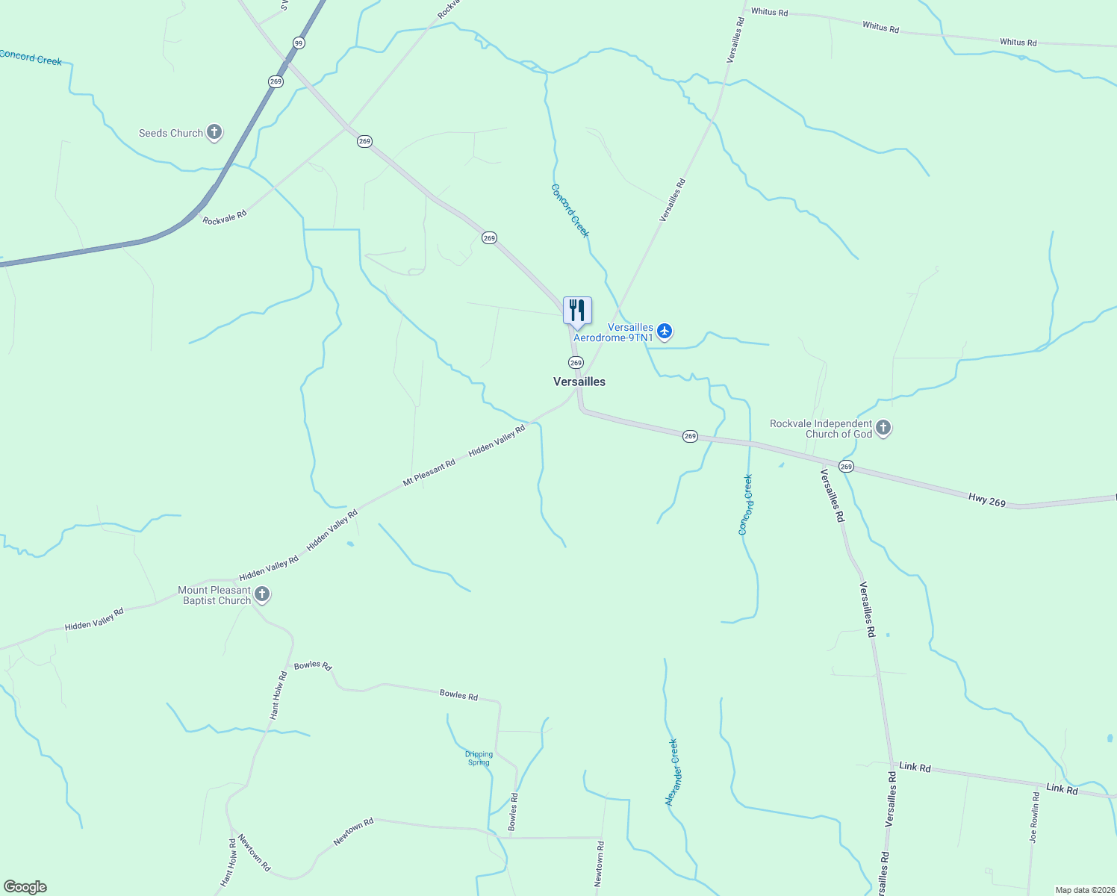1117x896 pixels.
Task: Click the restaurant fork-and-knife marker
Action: pyautogui.click(x=577, y=311)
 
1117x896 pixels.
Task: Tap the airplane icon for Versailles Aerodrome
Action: pyautogui.click(x=665, y=331)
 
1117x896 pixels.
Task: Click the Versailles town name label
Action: pyautogui.click(x=579, y=382)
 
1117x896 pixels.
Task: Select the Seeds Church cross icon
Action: pyautogui.click(x=214, y=133)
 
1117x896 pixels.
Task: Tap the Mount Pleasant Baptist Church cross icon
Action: pyautogui.click(x=262, y=594)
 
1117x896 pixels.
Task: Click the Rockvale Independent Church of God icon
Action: pyautogui.click(x=883, y=428)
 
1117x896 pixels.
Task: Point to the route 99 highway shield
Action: pyautogui.click(x=299, y=43)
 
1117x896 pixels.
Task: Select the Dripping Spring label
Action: pyautogui.click(x=479, y=759)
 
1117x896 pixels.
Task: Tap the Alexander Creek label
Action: pyautogui.click(x=673, y=772)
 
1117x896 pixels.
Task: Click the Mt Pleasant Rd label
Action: pyautogui.click(x=429, y=473)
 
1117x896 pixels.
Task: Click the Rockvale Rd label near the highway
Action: pyautogui.click(x=224, y=217)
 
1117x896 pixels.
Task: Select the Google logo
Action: pyautogui.click(x=25, y=887)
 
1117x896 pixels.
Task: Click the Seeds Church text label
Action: pyautogui.click(x=171, y=133)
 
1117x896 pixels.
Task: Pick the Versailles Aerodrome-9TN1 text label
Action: pyautogui.click(x=614, y=333)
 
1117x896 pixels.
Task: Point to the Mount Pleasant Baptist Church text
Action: pyautogui.click(x=214, y=595)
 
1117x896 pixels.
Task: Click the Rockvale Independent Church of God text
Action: pyautogui.click(x=821, y=429)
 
